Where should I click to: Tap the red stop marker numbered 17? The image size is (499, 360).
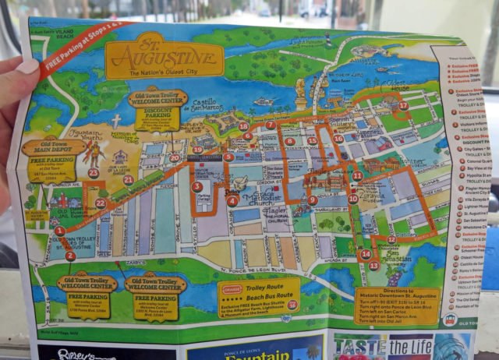click(402, 106)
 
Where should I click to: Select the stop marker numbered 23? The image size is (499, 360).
click(94, 173)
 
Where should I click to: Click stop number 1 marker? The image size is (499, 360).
click(60, 231)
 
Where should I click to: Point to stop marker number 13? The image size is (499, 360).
click(373, 266)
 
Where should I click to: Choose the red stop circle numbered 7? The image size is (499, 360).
click(270, 125)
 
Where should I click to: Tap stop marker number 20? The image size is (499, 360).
click(174, 157)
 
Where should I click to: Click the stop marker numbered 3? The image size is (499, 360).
click(196, 187)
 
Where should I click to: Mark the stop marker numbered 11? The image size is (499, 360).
click(356, 176)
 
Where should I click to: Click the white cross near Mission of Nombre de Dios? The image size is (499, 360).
click(116, 121)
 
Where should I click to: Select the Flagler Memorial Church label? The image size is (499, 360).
click(269, 224)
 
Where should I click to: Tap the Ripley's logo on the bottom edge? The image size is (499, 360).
click(74, 352)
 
